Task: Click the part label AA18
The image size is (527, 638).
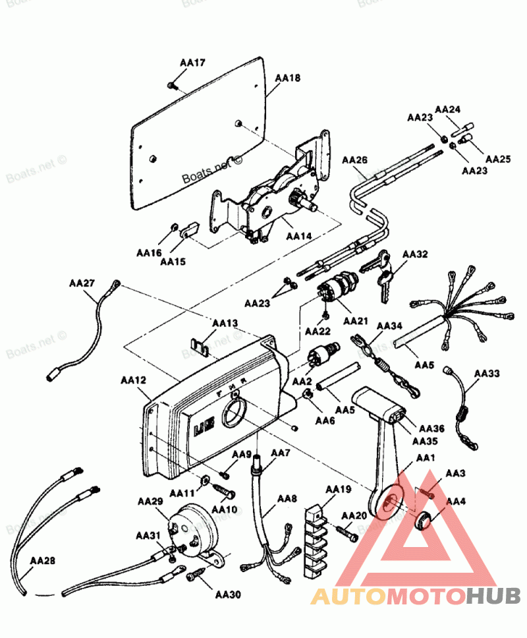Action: point(287,78)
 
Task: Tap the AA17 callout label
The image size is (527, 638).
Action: point(192,63)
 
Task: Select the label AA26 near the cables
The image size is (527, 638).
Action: point(354,160)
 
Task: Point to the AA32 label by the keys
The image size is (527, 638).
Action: point(415,254)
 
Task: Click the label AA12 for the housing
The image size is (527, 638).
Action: point(134,380)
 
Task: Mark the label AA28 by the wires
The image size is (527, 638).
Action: point(42,561)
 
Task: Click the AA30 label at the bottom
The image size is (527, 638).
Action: point(227,594)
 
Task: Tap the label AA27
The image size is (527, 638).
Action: point(82,283)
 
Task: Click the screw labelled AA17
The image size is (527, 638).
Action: point(172,85)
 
